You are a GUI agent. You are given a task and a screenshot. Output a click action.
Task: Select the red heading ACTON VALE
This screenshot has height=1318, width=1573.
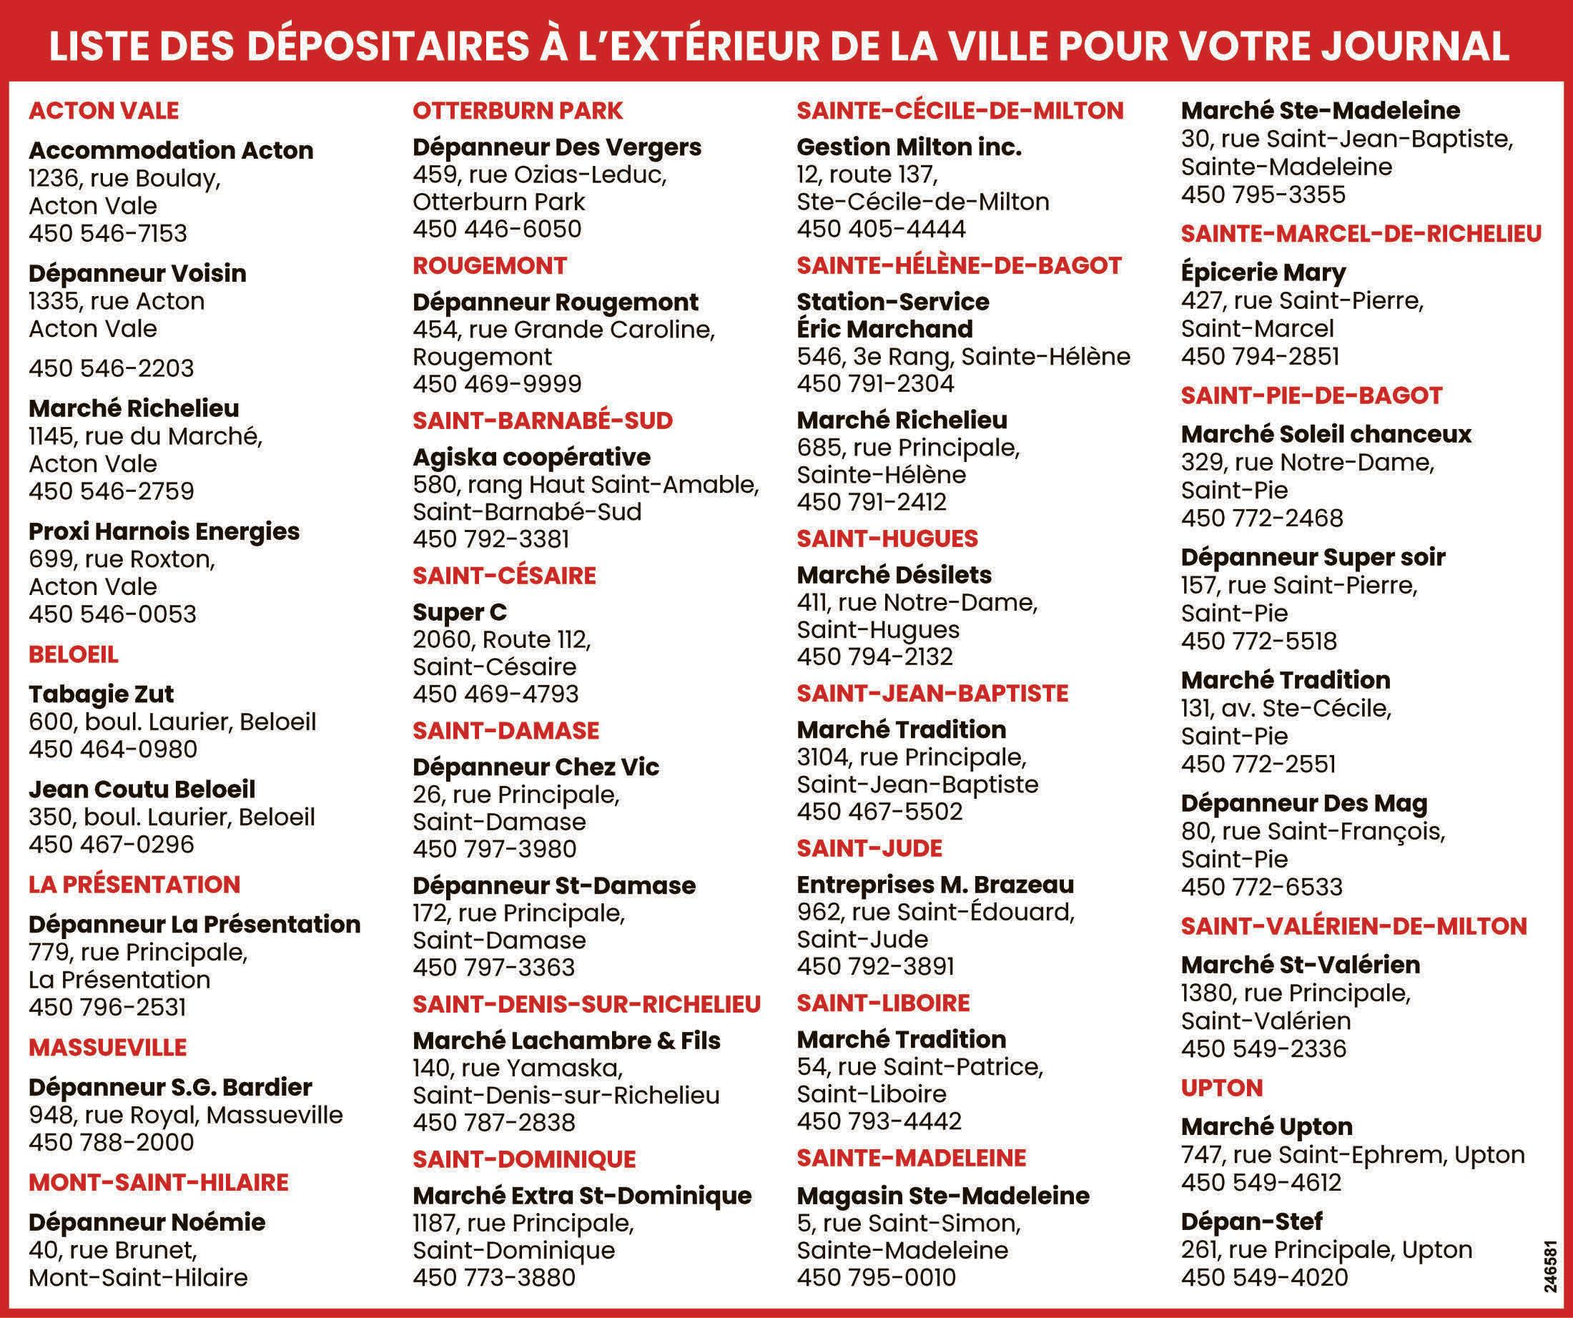[x=104, y=111]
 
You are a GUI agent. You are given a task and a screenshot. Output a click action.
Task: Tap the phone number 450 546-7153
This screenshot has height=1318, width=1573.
[x=108, y=233]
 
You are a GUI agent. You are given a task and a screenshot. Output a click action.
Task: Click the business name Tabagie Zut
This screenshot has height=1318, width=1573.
[x=101, y=694]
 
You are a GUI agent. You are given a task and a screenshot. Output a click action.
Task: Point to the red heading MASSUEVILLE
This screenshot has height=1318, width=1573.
[x=108, y=1047]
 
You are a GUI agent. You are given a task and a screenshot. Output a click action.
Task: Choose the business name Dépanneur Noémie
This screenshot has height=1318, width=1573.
[x=147, y=1222]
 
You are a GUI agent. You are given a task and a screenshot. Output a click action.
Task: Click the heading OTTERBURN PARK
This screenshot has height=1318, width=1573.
[x=518, y=111]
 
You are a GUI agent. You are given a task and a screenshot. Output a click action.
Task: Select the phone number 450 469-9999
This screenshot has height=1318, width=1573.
[x=497, y=383]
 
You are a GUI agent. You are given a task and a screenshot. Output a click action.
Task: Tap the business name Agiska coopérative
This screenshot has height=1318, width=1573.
[x=532, y=457]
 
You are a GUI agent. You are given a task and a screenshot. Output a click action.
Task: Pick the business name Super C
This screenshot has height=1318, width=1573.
[x=459, y=612]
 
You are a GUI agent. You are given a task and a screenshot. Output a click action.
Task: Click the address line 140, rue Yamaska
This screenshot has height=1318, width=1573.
[x=518, y=1067]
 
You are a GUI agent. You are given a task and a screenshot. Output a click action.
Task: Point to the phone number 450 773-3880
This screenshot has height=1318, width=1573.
[x=493, y=1277]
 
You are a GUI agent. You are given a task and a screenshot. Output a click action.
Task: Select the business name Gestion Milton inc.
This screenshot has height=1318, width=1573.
[x=909, y=147]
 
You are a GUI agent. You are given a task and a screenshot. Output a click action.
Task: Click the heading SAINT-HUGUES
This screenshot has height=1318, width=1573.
[x=887, y=538]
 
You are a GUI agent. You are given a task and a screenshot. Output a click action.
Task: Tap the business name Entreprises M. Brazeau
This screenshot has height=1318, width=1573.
[x=935, y=884]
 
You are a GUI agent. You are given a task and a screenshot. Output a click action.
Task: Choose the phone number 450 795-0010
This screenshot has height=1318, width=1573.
[x=877, y=1277]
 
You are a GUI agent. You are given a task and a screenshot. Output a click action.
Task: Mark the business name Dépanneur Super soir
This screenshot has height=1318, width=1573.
[x=1312, y=556]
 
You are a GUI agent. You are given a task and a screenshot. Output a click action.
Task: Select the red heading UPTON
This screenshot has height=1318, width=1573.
[x=1222, y=1087]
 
